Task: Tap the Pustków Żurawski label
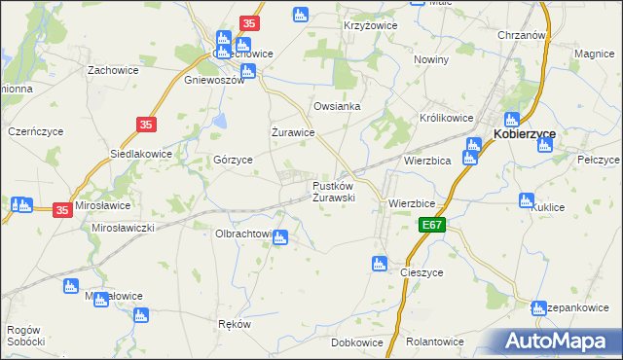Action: coord(333,191)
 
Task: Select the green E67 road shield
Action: coord(435,226)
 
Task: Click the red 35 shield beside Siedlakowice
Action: coord(147,125)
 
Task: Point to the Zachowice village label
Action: coord(112,70)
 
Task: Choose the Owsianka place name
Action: coord(337,106)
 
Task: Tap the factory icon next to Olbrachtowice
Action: coord(280,236)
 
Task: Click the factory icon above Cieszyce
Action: coord(380,263)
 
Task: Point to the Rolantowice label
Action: coord(434,342)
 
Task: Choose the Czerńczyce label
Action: coord(35,130)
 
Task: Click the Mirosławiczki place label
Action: coord(124,227)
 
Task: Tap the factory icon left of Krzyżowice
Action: coord(301,15)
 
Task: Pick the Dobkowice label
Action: coord(356,342)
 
